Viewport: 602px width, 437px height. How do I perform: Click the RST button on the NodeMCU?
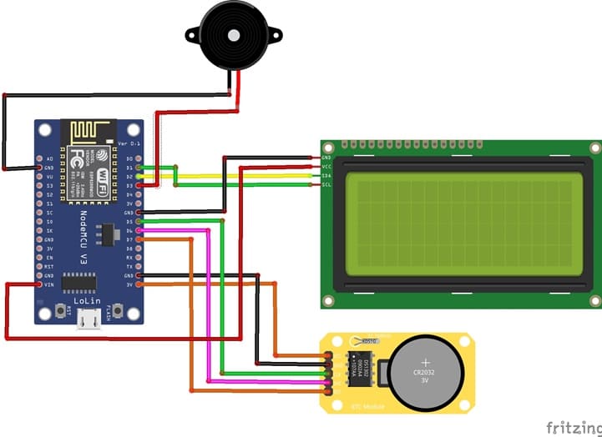pos(62,312)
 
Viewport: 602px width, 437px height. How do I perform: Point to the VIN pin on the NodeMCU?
pos(39,284)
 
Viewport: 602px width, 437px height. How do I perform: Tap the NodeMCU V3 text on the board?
pos(83,237)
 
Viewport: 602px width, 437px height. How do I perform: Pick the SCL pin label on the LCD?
pos(326,184)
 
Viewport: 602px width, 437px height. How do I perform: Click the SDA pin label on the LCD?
pos(326,175)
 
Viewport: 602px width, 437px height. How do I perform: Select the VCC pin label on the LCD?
pos(326,166)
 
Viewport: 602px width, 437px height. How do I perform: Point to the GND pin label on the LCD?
pos(326,157)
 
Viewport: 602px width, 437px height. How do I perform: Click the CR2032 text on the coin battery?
pos(423,372)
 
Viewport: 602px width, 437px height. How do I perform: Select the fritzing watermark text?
pos(572,426)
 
